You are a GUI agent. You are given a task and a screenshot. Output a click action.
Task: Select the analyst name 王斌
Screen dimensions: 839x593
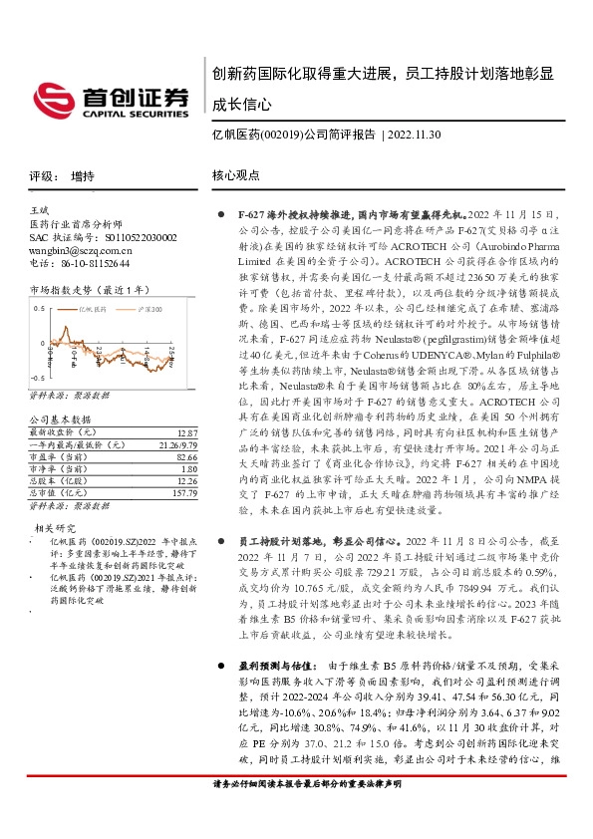tap(40, 211)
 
